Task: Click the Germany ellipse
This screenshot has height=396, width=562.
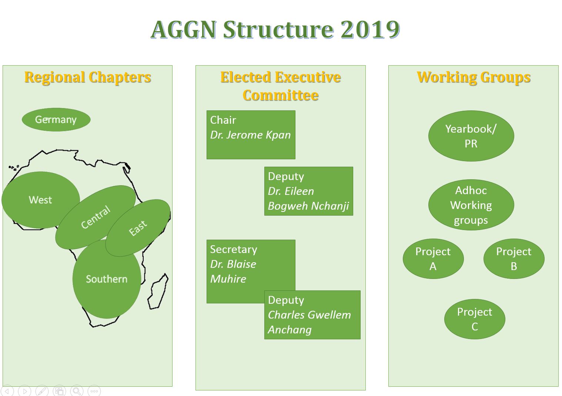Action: pos(56,120)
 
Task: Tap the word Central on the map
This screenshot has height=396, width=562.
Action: pos(96,217)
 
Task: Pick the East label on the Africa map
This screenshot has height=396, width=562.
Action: pos(138,228)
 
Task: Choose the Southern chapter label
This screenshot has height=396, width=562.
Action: pos(107,279)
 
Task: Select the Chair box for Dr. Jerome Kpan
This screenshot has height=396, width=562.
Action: pos(251,135)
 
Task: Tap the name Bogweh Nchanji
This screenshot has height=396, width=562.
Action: pos(308,206)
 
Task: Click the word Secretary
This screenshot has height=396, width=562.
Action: pos(234,249)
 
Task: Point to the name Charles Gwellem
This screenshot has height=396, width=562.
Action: pos(310,315)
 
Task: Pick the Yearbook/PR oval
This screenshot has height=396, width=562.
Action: pos(471,136)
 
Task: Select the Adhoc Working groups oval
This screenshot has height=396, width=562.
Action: pos(471,205)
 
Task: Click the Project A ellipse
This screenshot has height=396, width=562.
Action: pos(433,259)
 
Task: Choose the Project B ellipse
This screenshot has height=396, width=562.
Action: pos(514,259)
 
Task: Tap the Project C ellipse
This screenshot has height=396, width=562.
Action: pos(475,319)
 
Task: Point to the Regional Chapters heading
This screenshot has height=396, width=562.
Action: pos(88,77)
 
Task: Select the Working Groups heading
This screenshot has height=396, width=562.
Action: pos(474,77)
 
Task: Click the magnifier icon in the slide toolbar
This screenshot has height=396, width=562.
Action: pos(77,391)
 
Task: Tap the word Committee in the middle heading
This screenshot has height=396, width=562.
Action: pos(281,96)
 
